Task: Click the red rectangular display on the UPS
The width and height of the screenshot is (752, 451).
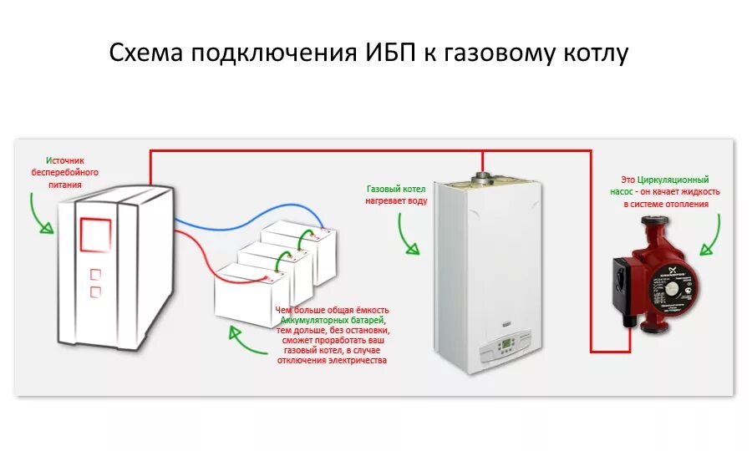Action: pyautogui.click(x=95, y=235)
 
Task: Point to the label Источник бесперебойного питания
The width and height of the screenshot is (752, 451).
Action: pyautogui.click(x=64, y=172)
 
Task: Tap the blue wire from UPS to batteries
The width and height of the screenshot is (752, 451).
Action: pyautogui.click(x=226, y=221)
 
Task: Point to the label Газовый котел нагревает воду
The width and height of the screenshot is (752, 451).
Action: pyautogui.click(x=397, y=195)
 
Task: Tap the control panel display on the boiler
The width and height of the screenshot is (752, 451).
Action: pyautogui.click(x=506, y=342)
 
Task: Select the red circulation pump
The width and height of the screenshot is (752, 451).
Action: pyautogui.click(x=659, y=275)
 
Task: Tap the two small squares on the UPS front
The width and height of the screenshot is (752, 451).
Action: pyautogui.click(x=94, y=282)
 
